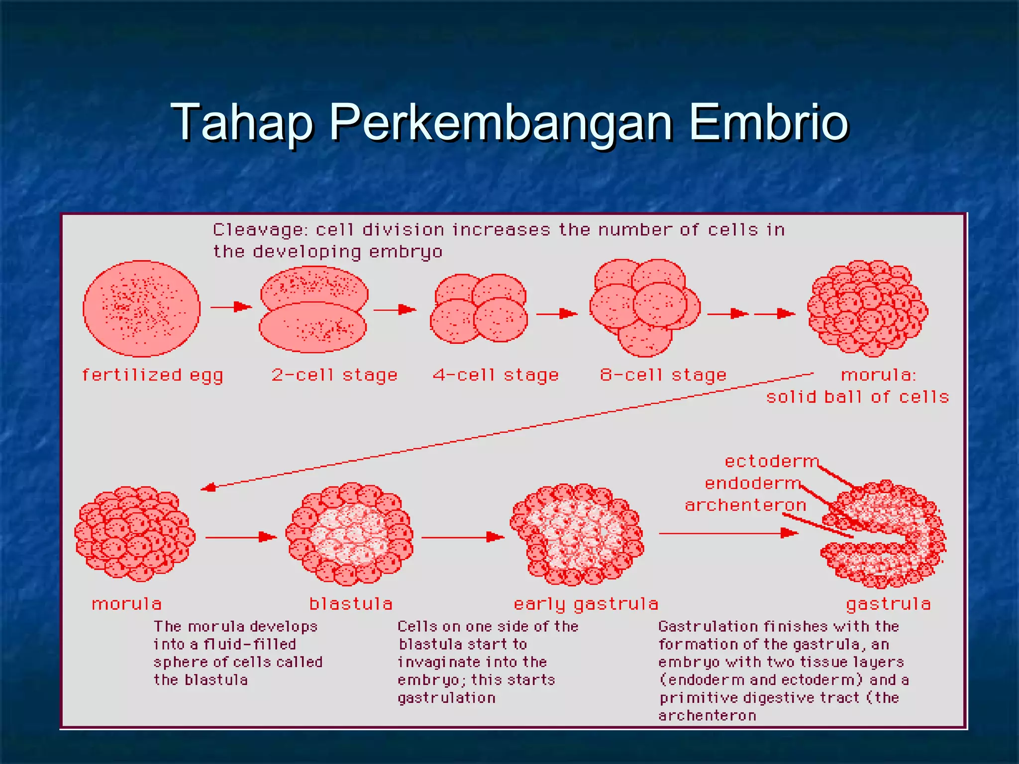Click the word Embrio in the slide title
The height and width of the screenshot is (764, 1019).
pos(769,122)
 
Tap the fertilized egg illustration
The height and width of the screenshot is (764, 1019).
pos(141,308)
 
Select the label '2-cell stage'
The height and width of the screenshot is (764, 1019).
pos(334,375)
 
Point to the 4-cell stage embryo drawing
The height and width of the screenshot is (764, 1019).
pos(479,308)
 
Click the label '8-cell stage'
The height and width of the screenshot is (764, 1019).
pos(663,375)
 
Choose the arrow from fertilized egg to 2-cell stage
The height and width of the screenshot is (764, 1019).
pos(231,307)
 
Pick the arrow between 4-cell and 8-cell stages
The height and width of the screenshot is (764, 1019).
pos(557,313)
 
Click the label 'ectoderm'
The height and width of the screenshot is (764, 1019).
pos(771,461)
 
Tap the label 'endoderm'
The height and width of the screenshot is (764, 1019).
pos(752,483)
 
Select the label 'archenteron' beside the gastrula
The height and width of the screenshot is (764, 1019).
pos(745,505)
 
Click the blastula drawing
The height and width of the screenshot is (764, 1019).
pos(349,534)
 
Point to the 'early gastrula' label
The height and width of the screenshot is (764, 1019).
pos(586,604)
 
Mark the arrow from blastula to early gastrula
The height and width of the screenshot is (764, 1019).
pos(463,537)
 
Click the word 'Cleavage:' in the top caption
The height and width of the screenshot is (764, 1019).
pos(261,230)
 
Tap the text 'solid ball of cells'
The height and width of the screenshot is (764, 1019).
pos(857,397)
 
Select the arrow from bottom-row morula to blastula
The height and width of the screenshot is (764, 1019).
pos(241,537)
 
